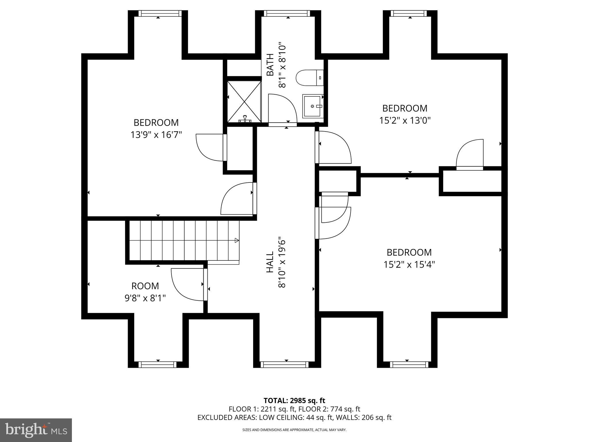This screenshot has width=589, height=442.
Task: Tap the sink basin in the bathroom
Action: pyautogui.click(x=312, y=106)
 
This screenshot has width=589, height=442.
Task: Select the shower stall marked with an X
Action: pyautogui.click(x=244, y=102)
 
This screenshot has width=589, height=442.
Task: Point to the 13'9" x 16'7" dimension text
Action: pyautogui.click(x=156, y=135)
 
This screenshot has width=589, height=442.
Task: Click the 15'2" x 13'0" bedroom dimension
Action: pyautogui.click(x=405, y=120)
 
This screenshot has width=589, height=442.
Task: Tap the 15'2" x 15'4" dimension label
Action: pyautogui.click(x=409, y=264)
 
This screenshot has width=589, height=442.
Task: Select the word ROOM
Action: pyautogui.click(x=145, y=286)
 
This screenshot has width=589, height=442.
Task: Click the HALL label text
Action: pyautogui.click(x=270, y=262)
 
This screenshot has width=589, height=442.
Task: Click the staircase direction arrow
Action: pyautogui.click(x=237, y=240)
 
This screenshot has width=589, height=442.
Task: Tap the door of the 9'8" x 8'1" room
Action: pyautogui.click(x=187, y=285)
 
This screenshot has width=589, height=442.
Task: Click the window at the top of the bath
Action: pyautogui.click(x=288, y=13)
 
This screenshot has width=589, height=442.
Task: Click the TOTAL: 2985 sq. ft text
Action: pyautogui.click(x=294, y=401)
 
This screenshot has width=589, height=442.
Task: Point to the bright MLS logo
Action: pyautogui.click(x=36, y=430)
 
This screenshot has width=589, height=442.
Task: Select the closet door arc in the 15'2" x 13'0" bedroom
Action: pyautogui.click(x=469, y=153)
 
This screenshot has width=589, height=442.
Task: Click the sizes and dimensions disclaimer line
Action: pyautogui.click(x=294, y=430)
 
